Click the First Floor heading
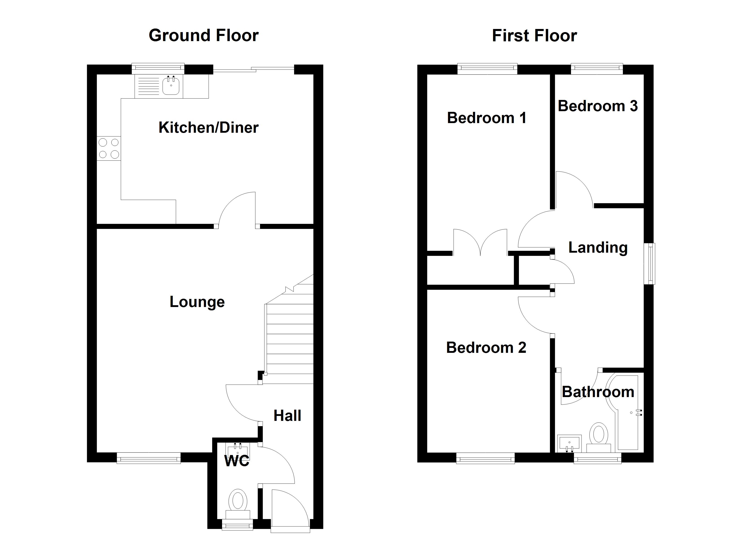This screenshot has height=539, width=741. click(x=534, y=35)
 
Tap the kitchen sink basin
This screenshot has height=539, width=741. click(x=171, y=86)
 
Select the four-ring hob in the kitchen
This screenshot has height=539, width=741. click(x=109, y=148)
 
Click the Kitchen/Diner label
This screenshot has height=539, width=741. click(x=208, y=128)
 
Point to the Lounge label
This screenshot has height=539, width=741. click(x=197, y=302)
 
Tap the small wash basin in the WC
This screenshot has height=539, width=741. click(x=238, y=449)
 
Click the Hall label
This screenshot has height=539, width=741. click(x=287, y=416)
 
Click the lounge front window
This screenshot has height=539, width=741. click(x=149, y=458)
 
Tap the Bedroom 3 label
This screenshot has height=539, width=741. click(x=598, y=106)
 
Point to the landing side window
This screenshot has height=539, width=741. click(x=649, y=263)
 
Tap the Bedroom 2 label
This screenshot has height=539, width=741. click(x=486, y=347)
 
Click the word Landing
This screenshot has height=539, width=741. click(x=598, y=247)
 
